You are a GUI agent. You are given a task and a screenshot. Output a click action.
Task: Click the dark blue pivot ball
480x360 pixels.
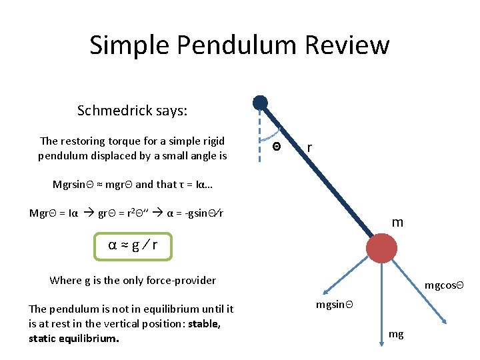[x=260, y=103]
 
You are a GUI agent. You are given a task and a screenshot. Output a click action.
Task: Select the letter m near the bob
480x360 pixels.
[x=397, y=223]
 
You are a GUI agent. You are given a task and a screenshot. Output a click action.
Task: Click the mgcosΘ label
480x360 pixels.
[x=443, y=286]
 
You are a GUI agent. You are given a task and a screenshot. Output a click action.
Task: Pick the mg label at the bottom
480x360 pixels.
[x=396, y=335]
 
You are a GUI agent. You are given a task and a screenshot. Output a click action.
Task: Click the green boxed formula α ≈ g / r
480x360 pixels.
[x=133, y=245]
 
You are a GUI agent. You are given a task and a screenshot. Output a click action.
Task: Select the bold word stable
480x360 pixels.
[x=203, y=323]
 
